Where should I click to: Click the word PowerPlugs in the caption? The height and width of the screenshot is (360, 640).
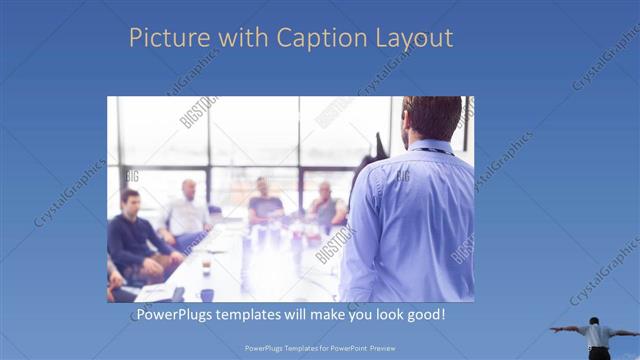[174, 315]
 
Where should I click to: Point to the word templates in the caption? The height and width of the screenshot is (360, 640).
[255, 315]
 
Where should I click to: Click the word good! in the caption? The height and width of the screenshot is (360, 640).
[424, 315]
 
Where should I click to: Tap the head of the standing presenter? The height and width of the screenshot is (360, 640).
[432, 118]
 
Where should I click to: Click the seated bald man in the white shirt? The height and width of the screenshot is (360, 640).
[187, 212]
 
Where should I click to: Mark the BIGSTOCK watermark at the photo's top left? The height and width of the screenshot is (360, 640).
[198, 112]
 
